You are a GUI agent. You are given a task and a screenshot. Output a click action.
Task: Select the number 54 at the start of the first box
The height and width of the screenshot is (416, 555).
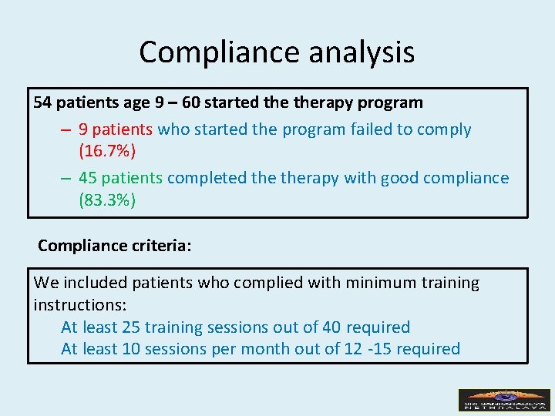pyautogui.click(x=42, y=102)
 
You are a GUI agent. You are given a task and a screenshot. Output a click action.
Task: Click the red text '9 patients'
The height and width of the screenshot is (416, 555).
pyautogui.click(x=116, y=129)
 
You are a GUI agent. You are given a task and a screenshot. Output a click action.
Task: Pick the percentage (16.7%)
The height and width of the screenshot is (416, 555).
pyautogui.click(x=107, y=150)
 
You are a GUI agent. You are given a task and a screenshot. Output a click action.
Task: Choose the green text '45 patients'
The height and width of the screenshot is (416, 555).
pyautogui.click(x=120, y=178)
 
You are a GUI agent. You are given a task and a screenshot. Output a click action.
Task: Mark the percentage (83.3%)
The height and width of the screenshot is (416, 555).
pyautogui.click(x=107, y=200)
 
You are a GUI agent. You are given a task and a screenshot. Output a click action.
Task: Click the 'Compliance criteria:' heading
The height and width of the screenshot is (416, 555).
pyautogui.click(x=114, y=246)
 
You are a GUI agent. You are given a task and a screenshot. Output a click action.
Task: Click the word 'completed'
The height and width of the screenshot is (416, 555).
pyautogui.click(x=203, y=178)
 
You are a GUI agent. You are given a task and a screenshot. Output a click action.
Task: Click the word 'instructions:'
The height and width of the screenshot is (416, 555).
pyautogui.click(x=80, y=305)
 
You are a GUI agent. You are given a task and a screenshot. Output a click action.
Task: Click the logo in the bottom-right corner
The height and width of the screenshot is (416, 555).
pyautogui.click(x=504, y=400)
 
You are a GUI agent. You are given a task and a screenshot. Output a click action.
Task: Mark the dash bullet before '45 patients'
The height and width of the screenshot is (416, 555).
pyautogui.click(x=67, y=178)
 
